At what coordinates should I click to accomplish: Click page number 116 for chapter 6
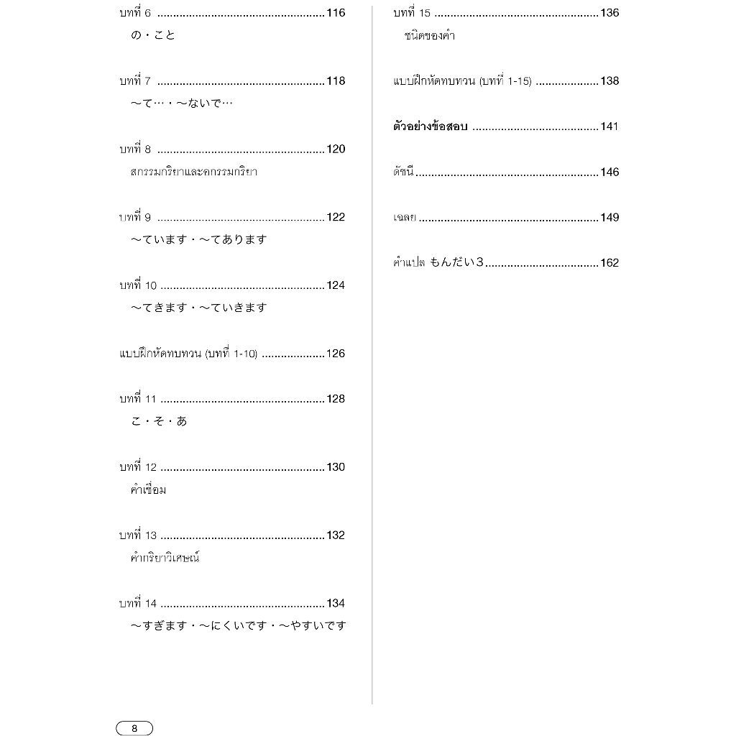(x=336, y=13)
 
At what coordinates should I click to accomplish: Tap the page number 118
(x=336, y=81)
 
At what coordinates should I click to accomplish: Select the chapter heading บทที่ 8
(x=135, y=149)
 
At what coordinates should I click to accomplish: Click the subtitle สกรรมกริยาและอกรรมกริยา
(x=194, y=172)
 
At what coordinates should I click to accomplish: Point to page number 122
(x=336, y=218)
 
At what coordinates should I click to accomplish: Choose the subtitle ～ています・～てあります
(x=198, y=239)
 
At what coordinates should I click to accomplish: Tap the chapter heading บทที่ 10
(x=138, y=285)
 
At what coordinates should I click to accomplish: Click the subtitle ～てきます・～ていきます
(x=198, y=308)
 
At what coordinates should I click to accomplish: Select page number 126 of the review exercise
(x=336, y=354)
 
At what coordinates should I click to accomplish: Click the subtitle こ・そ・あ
(x=159, y=421)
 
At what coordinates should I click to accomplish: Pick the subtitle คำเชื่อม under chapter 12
(x=149, y=489)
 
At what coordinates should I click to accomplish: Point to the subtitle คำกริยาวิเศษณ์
(x=165, y=557)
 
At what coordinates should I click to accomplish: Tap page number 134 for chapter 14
(x=336, y=604)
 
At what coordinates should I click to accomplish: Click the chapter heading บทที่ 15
(x=412, y=13)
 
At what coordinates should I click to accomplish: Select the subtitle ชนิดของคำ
(x=430, y=35)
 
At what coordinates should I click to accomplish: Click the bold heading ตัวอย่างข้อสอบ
(x=431, y=126)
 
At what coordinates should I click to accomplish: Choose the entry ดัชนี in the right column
(x=404, y=172)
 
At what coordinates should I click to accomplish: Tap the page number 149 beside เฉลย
(x=609, y=218)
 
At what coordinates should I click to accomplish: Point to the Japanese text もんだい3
(x=456, y=262)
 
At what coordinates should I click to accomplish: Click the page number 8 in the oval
(x=134, y=728)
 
